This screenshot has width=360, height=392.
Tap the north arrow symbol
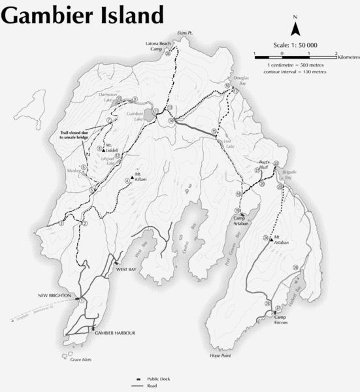[x=295, y=27]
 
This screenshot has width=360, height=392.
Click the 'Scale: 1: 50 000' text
[x=295, y=45]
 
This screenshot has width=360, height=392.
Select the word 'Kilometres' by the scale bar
[x=348, y=58]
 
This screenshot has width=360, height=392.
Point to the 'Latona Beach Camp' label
[x=157, y=46]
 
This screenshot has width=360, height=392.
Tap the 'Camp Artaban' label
[x=243, y=221]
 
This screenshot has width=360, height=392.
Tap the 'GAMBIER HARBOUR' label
[x=115, y=333]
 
